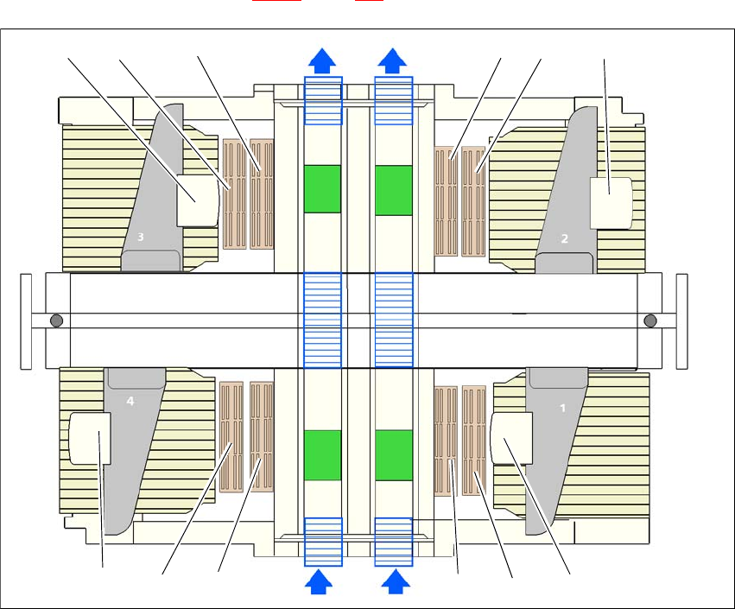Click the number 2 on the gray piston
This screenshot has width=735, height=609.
point(565,239)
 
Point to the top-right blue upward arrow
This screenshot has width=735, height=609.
point(394,60)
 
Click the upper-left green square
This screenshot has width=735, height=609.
point(323,188)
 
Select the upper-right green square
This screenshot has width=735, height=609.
point(393,188)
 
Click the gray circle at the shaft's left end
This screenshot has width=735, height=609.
point(57,320)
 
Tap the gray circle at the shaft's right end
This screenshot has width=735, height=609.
point(650,320)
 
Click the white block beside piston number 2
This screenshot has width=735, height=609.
point(611,202)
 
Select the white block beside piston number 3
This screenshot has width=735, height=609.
point(197,200)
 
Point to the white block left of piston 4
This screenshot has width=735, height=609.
point(90,438)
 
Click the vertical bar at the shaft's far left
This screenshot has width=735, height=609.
point(26,320)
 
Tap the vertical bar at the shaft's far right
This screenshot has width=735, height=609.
point(681,320)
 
